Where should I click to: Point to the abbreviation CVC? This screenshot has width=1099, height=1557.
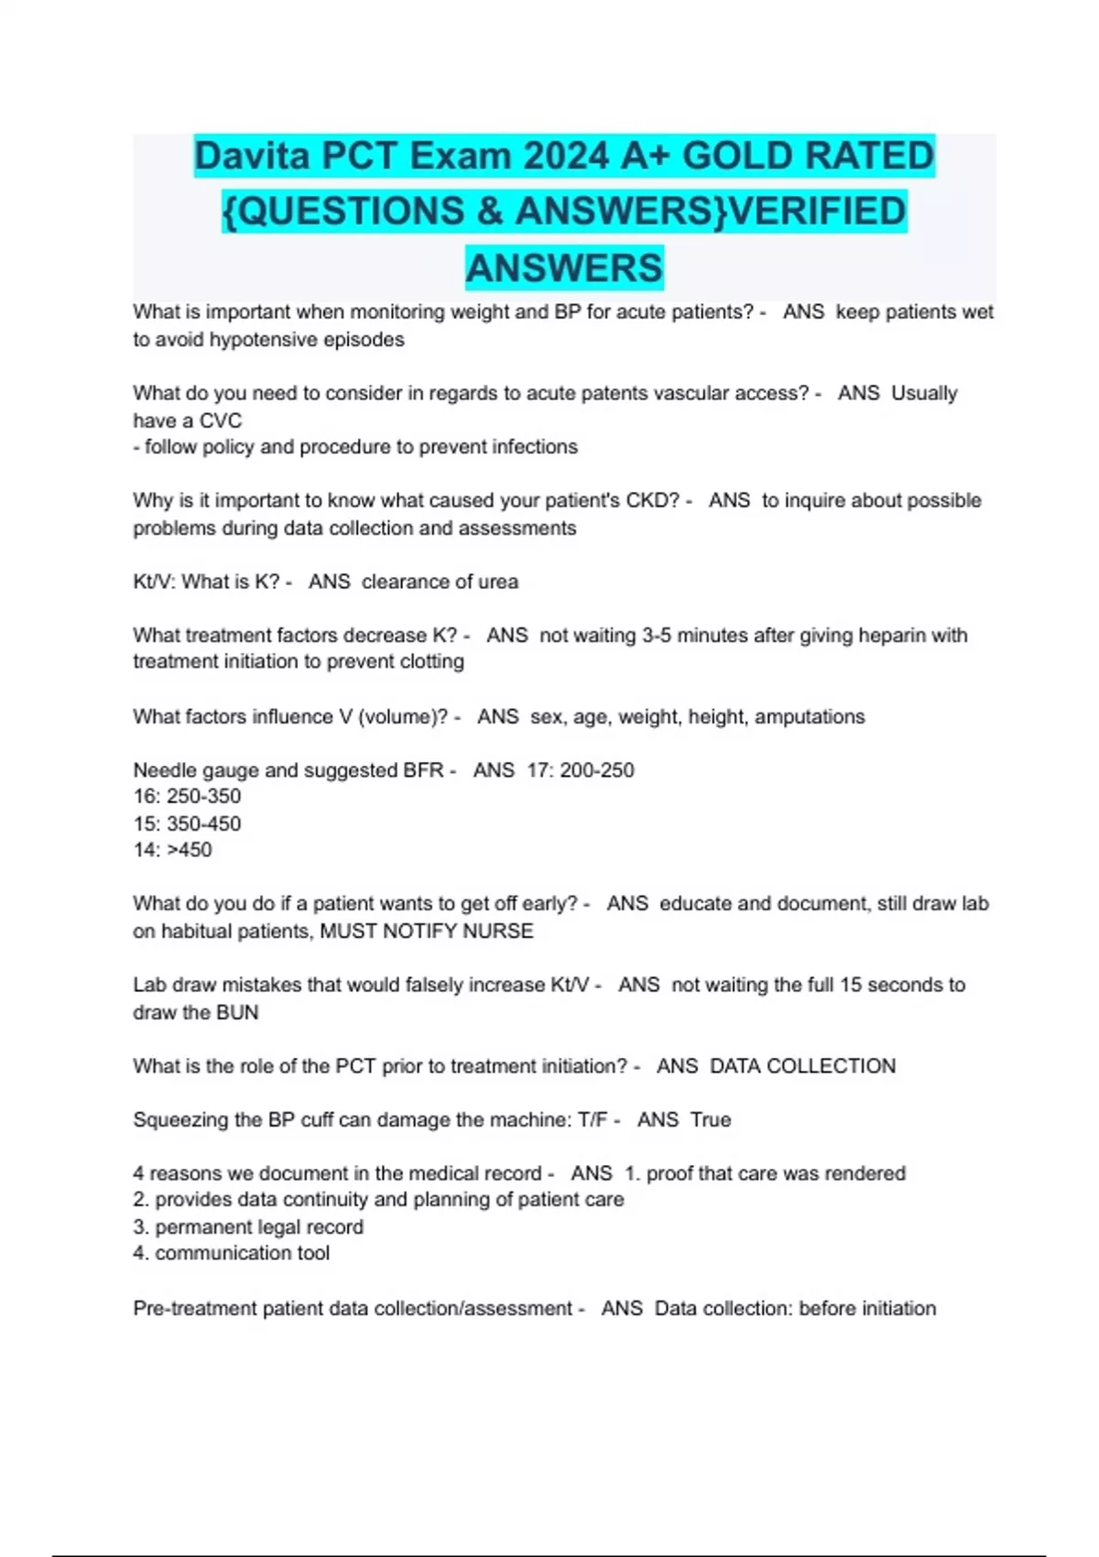[220, 421]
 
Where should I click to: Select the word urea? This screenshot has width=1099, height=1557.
[497, 583]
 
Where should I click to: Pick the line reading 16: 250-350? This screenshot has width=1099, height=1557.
[187, 797]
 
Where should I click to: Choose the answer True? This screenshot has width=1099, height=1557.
[711, 1120]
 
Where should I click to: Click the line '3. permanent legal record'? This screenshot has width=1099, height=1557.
[248, 1227]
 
